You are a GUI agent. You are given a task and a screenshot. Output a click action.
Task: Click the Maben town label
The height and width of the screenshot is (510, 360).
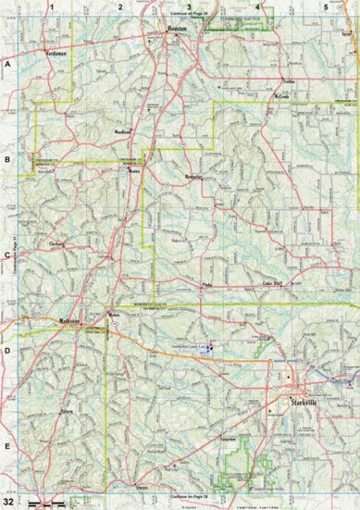(114, 316)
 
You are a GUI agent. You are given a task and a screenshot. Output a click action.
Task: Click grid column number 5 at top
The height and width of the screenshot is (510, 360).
(325, 6)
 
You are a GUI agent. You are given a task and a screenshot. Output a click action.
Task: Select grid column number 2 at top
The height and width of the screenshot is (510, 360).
(120, 6)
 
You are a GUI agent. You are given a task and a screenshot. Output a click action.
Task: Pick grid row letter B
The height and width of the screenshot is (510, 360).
(7, 158)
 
